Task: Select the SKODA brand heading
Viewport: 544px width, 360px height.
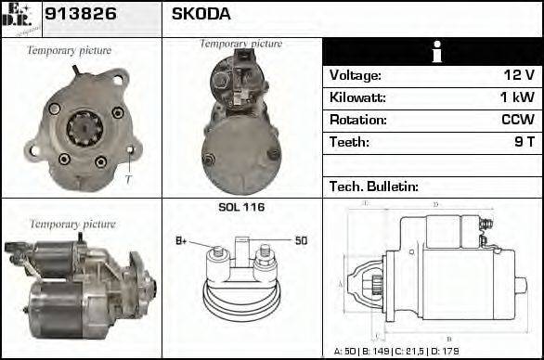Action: pyautogui.click(x=201, y=15)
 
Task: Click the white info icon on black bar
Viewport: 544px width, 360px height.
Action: pyautogui.click(x=432, y=52)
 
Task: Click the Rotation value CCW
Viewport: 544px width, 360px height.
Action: pyautogui.click(x=517, y=120)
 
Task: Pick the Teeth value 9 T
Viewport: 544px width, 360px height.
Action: pyautogui.click(x=522, y=142)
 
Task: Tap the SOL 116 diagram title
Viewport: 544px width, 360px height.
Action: pyautogui.click(x=241, y=207)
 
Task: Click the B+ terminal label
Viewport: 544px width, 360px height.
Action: pyautogui.click(x=181, y=241)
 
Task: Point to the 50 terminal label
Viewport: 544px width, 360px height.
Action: pyautogui.click(x=301, y=241)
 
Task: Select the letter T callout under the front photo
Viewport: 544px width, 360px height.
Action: pyautogui.click(x=128, y=179)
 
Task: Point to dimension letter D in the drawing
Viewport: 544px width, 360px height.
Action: pyautogui.click(x=435, y=204)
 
